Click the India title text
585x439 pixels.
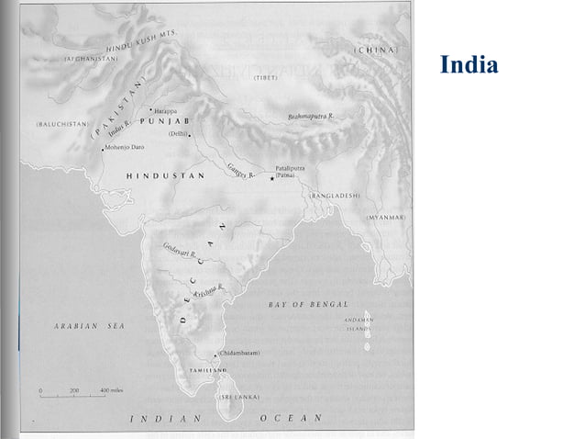point(469,65)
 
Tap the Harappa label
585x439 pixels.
point(166,110)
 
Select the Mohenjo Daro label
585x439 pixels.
point(128,146)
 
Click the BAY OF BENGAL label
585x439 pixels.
point(308,303)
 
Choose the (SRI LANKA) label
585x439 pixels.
point(238,397)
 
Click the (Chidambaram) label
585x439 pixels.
point(239,354)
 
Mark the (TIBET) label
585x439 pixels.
point(265,78)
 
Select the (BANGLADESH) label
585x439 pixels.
point(335,196)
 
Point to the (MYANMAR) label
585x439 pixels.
point(385,217)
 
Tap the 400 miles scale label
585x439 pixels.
point(112,390)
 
